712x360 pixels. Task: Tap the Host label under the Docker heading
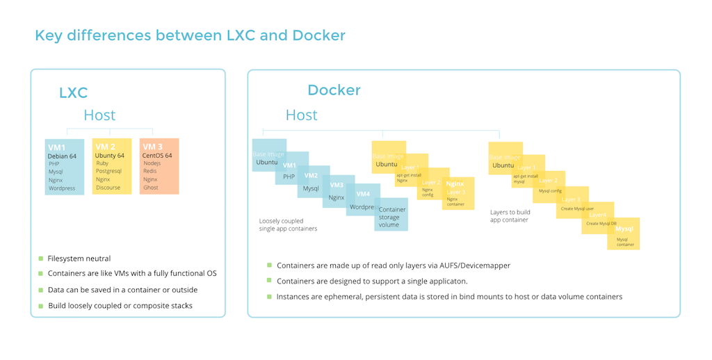tap(301, 115)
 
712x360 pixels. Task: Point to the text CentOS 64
tap(157, 156)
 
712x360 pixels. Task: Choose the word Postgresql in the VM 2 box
tap(108, 172)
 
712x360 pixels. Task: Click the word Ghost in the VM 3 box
tap(151, 188)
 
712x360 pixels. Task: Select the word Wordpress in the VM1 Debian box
tap(62, 188)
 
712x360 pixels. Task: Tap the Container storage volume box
tap(392, 217)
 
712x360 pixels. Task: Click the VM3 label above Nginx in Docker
tap(337, 185)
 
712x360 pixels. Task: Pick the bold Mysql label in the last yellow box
tap(624, 228)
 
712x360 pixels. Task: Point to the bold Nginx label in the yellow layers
tap(455, 184)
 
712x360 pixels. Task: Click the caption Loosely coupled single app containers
tap(288, 224)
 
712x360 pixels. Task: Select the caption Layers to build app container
tap(510, 216)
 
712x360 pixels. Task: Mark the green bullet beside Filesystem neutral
tap(41, 259)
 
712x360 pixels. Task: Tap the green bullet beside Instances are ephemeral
tap(269, 297)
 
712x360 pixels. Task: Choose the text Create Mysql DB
tap(601, 224)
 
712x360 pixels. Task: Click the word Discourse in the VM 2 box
tap(108, 188)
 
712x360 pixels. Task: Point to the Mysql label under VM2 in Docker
tap(311, 188)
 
